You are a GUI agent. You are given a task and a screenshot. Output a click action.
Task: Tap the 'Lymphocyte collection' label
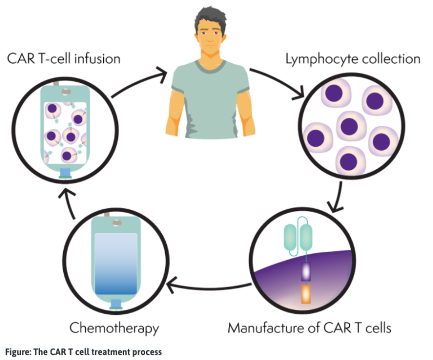tap(353, 59)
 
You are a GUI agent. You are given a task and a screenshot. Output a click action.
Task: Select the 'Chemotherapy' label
tap(114, 327)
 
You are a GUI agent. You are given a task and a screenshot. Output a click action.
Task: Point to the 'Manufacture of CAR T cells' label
tap(308, 327)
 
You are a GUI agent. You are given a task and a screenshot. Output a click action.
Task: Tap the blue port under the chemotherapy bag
tap(115, 305)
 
